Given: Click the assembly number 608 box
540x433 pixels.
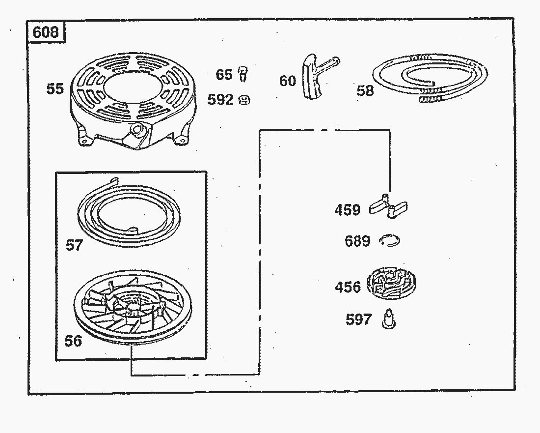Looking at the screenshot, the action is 46,32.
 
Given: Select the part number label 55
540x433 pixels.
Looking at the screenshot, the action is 55,88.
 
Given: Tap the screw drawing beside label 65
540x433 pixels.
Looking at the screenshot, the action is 243,74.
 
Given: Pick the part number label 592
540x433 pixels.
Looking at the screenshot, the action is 220,100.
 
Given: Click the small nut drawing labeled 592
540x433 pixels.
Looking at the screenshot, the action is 244,100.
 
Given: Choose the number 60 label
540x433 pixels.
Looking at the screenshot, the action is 288,81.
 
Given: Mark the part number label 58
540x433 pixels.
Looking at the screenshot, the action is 365,90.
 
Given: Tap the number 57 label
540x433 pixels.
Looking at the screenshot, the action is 75,245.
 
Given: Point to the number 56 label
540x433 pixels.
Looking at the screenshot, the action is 73,341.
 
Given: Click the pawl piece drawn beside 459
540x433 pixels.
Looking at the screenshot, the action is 388,206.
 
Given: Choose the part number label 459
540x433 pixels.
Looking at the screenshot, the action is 347,209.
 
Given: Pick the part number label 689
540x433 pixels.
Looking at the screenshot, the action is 357,241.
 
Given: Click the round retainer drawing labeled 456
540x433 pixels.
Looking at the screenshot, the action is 391,284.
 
